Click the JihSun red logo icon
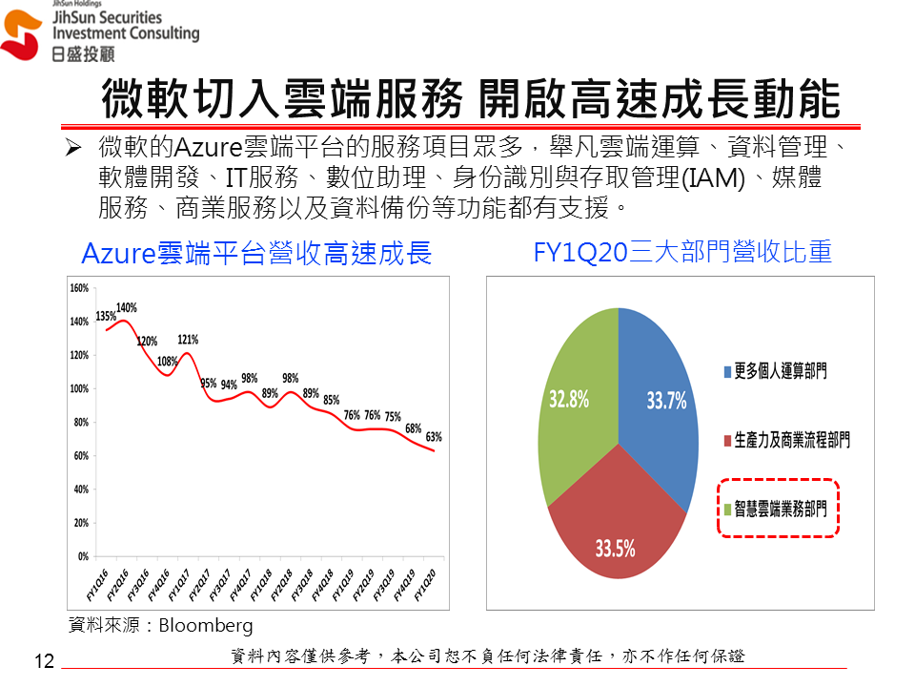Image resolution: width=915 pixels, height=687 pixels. pyautogui.click(x=22, y=36)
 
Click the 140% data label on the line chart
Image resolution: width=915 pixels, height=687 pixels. pyautogui.click(x=127, y=308)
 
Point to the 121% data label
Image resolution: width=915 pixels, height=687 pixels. pyautogui.click(x=188, y=340)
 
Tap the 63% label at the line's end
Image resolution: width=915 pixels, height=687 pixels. pyautogui.click(x=434, y=437)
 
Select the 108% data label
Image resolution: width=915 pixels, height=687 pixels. pyautogui.click(x=167, y=362)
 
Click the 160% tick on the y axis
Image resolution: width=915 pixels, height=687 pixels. pyautogui.click(x=79, y=287)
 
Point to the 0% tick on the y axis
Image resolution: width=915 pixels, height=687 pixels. pyautogui.click(x=83, y=556)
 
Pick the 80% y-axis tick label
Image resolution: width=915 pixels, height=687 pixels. pyautogui.click(x=80, y=422)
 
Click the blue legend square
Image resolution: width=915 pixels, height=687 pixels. pyautogui.click(x=726, y=371)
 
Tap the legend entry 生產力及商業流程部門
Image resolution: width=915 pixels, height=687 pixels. pyautogui.click(x=791, y=440)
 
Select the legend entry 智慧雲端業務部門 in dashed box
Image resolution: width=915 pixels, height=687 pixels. pyautogui.click(x=781, y=510)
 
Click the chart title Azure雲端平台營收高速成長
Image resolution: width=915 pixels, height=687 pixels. pyautogui.click(x=256, y=253)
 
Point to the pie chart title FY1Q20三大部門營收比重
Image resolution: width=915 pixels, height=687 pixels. pyautogui.click(x=682, y=252)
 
